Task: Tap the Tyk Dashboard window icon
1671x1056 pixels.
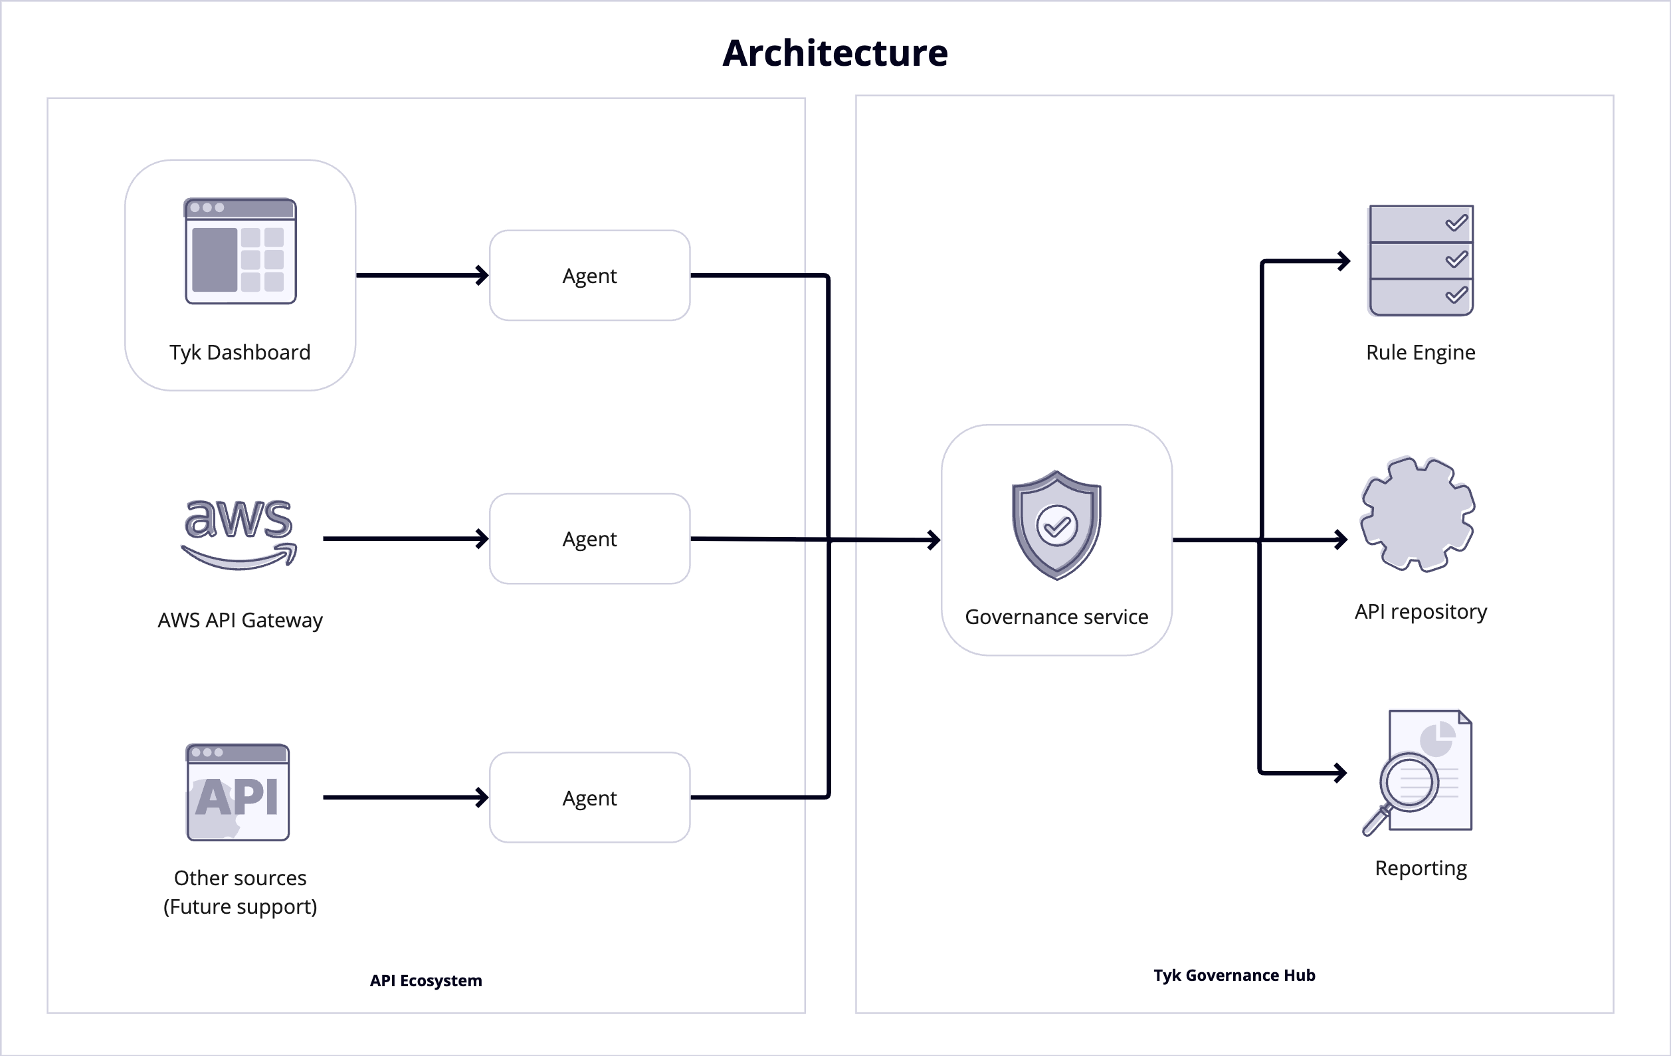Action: click(x=240, y=251)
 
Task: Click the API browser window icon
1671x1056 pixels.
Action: click(x=238, y=792)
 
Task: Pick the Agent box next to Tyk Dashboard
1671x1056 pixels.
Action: click(x=589, y=276)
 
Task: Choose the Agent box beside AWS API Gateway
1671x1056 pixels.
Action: click(x=589, y=539)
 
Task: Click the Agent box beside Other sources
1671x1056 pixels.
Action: click(x=589, y=797)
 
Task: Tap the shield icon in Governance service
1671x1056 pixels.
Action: click(x=1056, y=525)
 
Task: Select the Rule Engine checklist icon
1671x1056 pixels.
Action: click(x=1421, y=261)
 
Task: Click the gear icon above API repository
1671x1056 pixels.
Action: click(x=1418, y=514)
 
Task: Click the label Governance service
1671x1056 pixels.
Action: click(x=1056, y=617)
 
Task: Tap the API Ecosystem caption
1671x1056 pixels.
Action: click(x=425, y=980)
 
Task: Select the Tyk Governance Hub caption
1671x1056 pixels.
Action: click(x=1234, y=975)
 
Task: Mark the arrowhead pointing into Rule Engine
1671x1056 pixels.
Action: click(x=1343, y=261)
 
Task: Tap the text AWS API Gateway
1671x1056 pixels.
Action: click(x=240, y=620)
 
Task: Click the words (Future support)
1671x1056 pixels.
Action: click(x=240, y=906)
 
